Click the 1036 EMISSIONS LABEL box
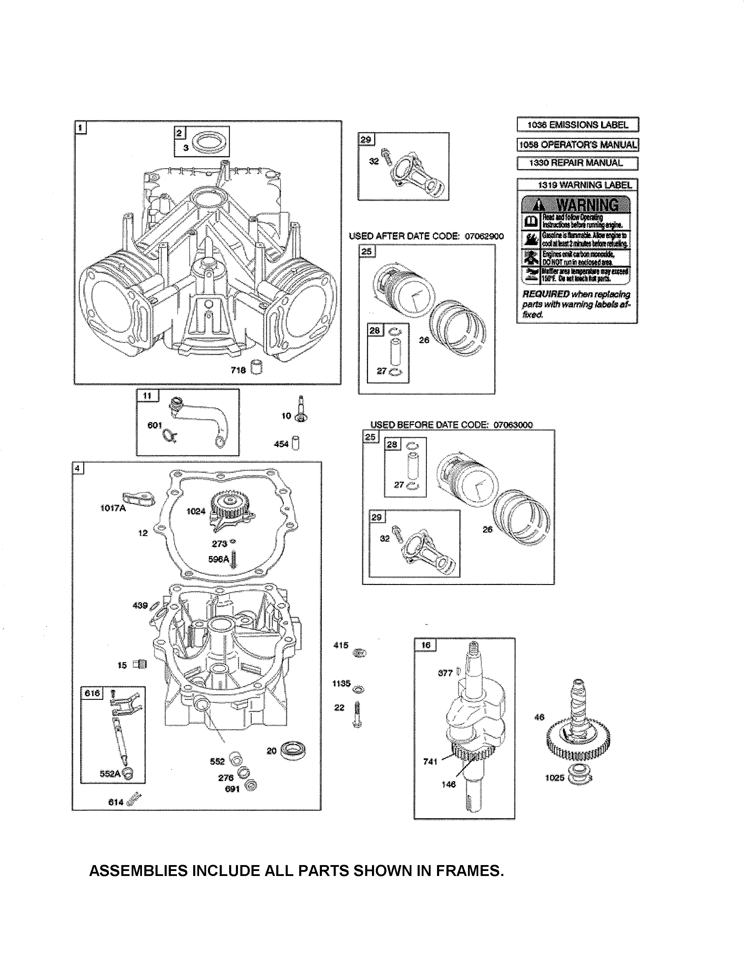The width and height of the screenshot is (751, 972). (x=578, y=125)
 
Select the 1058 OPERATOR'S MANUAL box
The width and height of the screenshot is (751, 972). (x=578, y=145)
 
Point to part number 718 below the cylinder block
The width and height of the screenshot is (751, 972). (x=238, y=370)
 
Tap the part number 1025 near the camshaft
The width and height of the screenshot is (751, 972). (x=554, y=778)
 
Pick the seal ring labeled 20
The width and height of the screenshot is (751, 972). (x=294, y=751)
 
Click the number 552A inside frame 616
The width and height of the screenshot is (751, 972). (x=110, y=773)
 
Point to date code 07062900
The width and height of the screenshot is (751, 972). (x=484, y=236)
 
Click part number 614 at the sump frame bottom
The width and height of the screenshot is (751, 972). (x=116, y=802)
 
